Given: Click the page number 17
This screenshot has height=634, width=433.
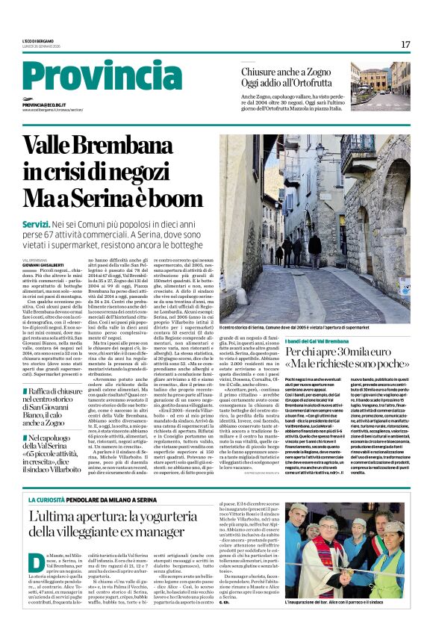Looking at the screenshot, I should pyautogui.click(x=405, y=45).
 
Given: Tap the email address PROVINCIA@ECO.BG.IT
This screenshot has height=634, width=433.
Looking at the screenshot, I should pyautogui.click(x=55, y=105).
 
